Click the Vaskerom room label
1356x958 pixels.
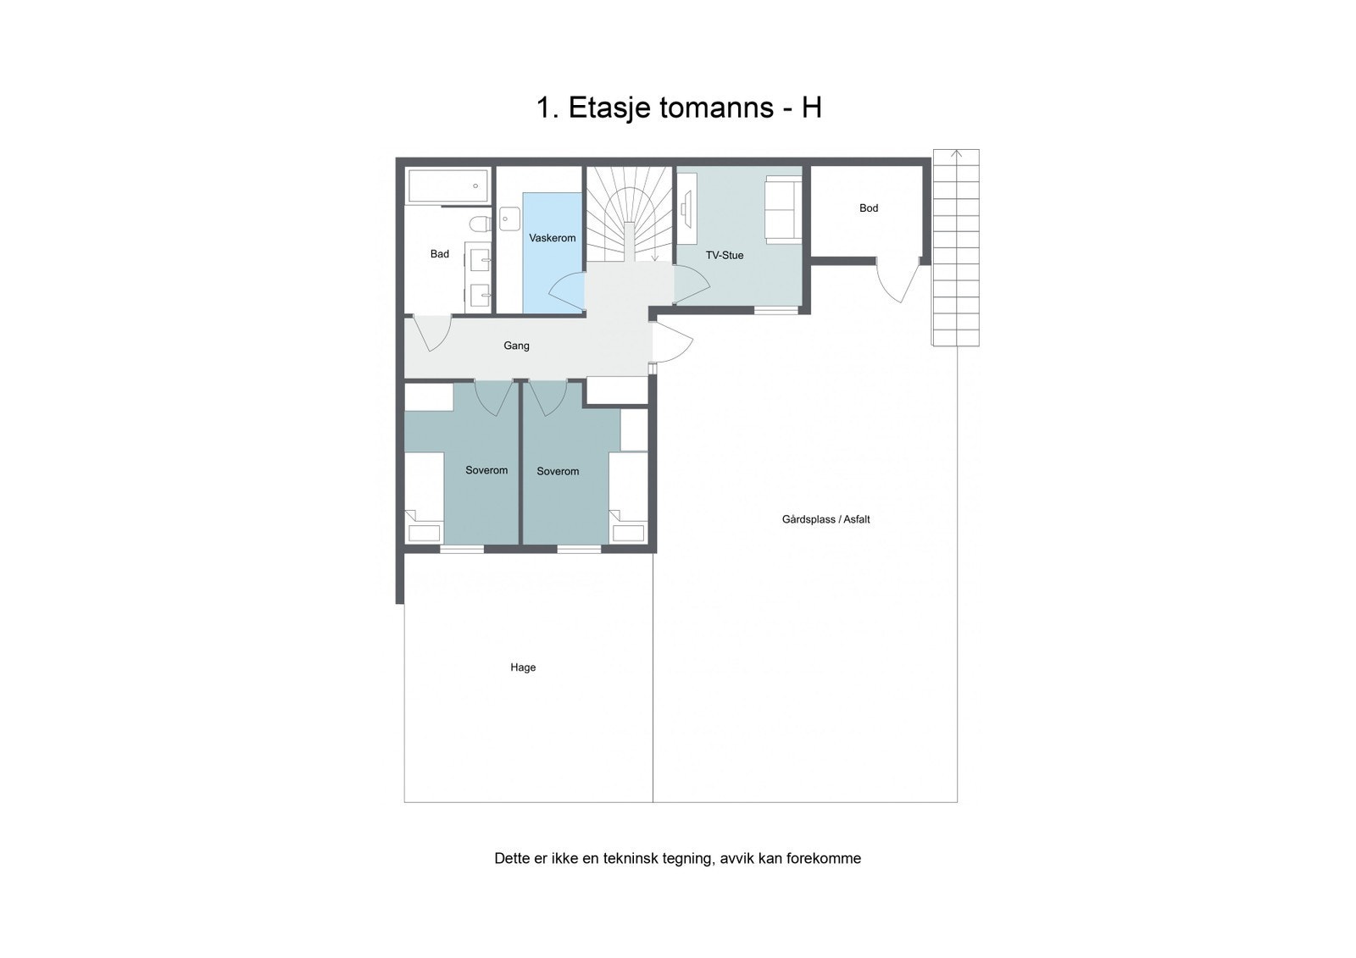552,238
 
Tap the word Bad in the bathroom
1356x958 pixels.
439,254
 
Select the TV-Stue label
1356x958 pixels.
724,255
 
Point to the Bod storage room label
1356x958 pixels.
868,208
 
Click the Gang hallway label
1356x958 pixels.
516,346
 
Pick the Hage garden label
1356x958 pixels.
522,667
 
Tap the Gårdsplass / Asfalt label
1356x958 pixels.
825,519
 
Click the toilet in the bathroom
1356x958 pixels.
480,224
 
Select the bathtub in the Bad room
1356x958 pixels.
447,186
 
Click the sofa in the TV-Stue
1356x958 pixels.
781,208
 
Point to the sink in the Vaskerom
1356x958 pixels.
508,219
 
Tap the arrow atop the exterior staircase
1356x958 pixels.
956,154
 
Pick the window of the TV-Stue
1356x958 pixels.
776,310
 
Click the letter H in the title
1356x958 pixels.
811,108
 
